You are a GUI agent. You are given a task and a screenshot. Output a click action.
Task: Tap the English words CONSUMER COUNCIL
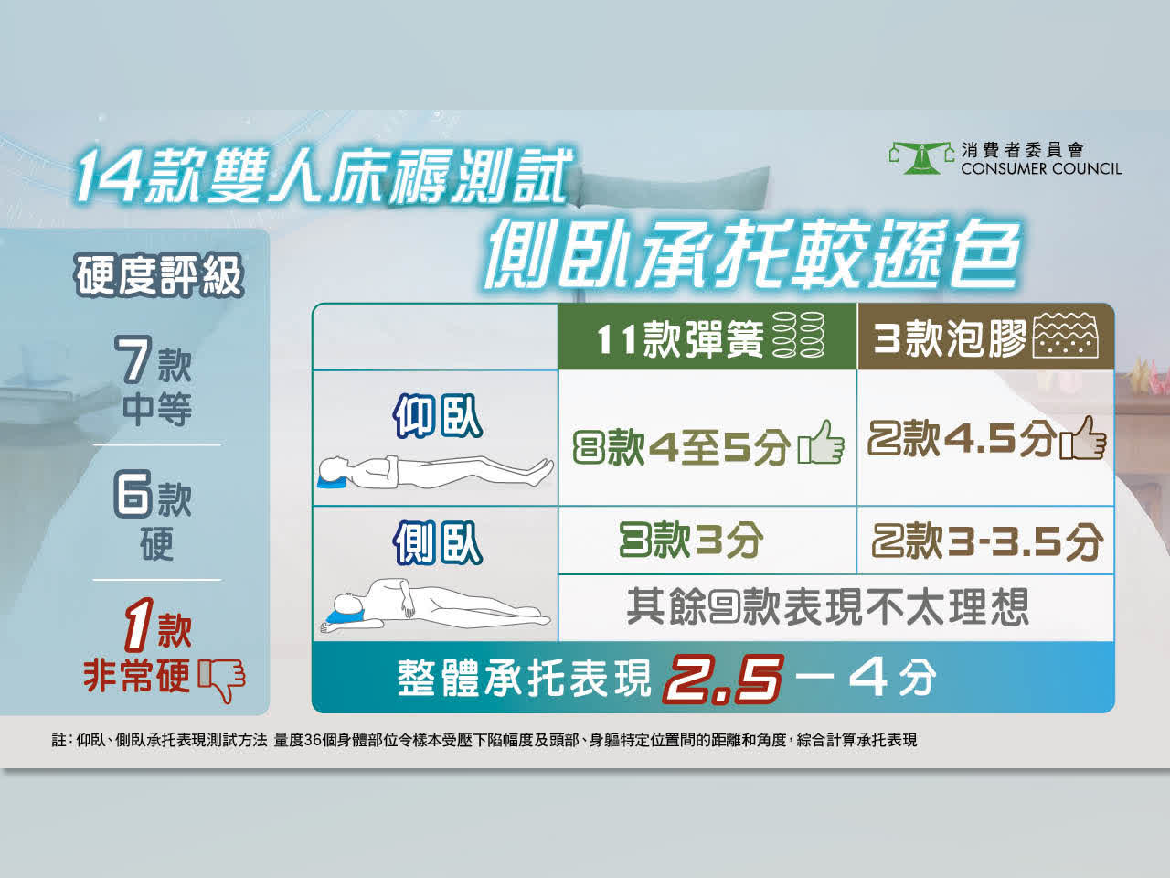(x=1041, y=169)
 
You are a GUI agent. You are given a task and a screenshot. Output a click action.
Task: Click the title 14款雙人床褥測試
(x=324, y=176)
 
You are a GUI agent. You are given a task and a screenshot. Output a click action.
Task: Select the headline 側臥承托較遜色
(x=752, y=253)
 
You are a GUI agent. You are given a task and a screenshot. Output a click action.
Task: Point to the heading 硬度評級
(x=159, y=275)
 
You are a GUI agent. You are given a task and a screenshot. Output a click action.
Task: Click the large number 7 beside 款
(x=134, y=359)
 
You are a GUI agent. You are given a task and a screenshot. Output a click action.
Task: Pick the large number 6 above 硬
(x=133, y=494)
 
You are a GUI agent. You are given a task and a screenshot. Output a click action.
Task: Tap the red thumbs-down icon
(x=222, y=680)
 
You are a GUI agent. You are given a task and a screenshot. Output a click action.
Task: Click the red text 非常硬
(x=136, y=675)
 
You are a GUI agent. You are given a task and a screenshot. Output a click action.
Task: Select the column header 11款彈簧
(x=680, y=339)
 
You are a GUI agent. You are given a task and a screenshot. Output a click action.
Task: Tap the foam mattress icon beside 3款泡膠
(x=1066, y=336)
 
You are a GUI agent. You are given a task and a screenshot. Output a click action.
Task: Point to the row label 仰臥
(x=438, y=417)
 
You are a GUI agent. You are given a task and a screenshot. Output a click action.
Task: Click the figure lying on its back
(x=435, y=472)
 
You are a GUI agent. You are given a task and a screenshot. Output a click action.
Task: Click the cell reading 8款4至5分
(x=681, y=445)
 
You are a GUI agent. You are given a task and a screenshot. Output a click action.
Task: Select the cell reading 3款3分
(x=691, y=540)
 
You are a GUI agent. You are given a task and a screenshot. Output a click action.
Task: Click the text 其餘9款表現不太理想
(x=827, y=606)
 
